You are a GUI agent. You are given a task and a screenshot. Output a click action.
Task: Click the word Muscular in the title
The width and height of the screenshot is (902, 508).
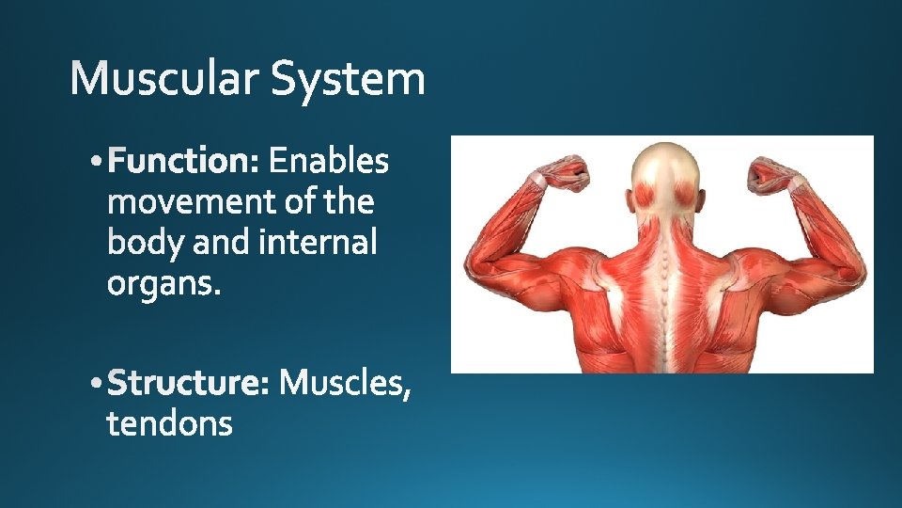(x=163, y=78)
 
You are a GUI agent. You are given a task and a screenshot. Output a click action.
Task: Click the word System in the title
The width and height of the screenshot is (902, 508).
(x=348, y=81)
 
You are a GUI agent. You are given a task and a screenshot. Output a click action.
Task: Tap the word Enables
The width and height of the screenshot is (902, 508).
(x=329, y=161)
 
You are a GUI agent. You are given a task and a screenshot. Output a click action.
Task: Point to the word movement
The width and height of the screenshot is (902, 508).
(x=192, y=201)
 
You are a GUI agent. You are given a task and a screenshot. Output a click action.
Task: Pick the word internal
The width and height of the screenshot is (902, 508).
(x=319, y=242)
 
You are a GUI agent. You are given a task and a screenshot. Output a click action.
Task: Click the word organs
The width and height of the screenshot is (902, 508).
(x=163, y=284)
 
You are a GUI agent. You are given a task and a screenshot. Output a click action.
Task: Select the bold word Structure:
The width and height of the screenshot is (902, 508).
(x=188, y=382)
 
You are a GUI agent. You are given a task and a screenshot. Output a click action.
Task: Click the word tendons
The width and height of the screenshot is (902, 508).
(x=170, y=423)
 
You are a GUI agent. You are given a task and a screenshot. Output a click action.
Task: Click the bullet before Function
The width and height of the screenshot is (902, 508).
(x=96, y=162)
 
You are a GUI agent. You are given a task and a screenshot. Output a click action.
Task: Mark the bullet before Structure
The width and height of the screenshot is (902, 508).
(x=96, y=383)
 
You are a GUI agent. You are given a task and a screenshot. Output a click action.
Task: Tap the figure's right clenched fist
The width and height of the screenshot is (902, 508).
(x=770, y=175)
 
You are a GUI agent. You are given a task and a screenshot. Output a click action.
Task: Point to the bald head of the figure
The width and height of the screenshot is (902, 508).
(x=665, y=173)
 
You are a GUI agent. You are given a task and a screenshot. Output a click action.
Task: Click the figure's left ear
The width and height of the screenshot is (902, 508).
(x=629, y=199)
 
